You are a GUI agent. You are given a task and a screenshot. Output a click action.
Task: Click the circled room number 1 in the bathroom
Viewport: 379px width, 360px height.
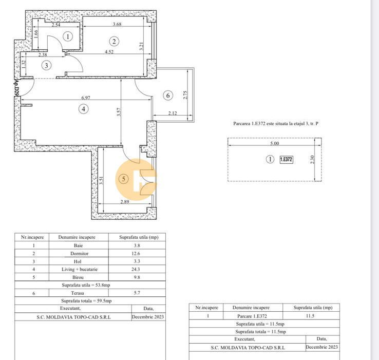68,36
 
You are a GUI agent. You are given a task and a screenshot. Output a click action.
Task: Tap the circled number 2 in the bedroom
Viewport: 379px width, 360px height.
114,41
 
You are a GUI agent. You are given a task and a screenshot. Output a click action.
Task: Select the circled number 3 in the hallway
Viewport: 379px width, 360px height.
47,65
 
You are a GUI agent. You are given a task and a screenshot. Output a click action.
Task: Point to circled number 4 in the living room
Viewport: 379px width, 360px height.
83,108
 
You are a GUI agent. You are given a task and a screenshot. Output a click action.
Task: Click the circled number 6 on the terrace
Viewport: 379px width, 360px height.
168,95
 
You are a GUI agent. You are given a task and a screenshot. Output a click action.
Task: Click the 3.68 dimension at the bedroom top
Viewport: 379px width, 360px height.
117,24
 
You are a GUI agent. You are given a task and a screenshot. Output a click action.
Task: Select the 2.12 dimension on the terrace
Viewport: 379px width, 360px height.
172,113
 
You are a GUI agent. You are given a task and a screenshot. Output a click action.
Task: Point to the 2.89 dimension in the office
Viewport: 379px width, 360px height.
125,202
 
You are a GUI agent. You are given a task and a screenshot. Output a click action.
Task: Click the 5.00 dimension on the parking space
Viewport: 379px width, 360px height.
275,144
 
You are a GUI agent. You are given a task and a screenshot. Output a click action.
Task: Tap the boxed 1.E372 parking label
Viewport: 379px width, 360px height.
286,159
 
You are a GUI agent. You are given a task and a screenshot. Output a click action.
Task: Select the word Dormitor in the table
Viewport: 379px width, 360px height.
79,253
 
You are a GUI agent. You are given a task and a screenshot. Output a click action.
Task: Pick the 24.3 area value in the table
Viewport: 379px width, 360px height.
137,269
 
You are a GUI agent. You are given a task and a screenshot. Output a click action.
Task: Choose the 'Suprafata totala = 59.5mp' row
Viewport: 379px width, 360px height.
86,300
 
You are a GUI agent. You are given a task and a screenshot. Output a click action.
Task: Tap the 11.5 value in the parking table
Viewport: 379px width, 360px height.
310,316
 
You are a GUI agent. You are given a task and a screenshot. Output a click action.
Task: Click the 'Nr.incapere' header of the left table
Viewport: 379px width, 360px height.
32,237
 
